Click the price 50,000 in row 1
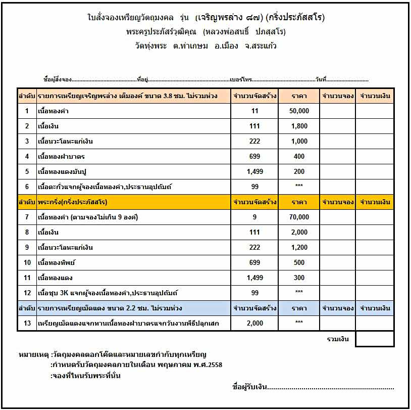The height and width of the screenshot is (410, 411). coord(299,111)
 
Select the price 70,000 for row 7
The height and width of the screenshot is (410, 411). coord(299,217)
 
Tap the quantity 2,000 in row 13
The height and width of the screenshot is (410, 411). coord(254,323)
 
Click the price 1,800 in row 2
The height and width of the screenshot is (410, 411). coord(299,126)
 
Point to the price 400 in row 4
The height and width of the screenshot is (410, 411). coord(299,156)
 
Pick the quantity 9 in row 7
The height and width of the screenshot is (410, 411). coord(254,217)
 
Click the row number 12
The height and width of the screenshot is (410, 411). coord(27,293)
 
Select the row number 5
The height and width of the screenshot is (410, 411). coord(27,171)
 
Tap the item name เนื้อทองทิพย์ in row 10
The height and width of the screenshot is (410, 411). coord(57,262)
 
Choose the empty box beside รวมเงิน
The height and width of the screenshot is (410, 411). coord(375,339)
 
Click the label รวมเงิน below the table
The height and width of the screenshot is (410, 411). coord(338,339)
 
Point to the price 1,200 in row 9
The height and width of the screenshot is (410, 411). coord(299,247)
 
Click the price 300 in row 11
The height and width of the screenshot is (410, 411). coord(299,278)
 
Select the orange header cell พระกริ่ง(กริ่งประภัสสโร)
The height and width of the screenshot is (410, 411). coord(73,202)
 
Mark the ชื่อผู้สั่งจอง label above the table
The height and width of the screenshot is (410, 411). coord(58,80)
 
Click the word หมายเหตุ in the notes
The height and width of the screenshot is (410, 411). coord(33,354)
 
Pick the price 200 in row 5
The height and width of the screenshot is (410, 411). coord(299,171)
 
